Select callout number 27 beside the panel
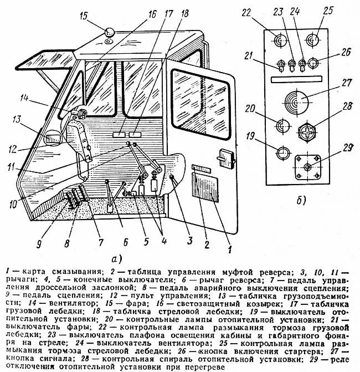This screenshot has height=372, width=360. pos(347,84)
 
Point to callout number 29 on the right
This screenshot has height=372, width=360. pos(347,147)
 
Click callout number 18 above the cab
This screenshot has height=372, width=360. pos(185,12)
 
